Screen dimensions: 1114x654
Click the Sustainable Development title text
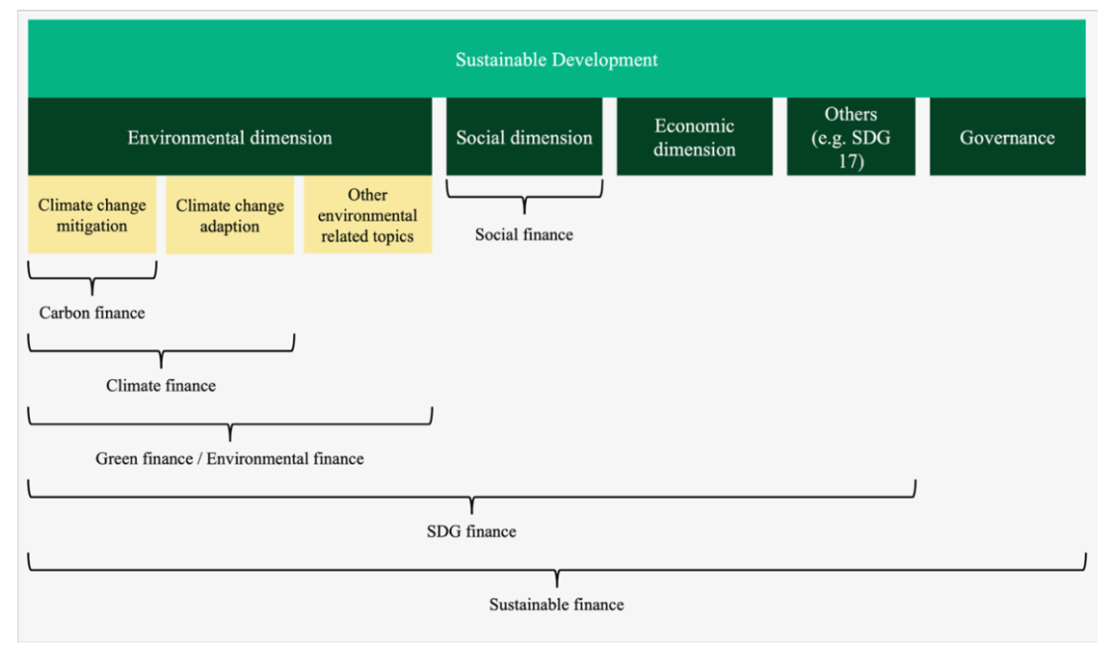pyautogui.click(x=556, y=60)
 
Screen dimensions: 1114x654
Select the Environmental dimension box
pyautogui.click(x=229, y=136)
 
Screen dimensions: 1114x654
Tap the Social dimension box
pyautogui.click(x=524, y=136)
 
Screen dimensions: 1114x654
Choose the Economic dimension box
pyautogui.click(x=694, y=136)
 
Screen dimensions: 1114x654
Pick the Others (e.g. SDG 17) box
pyautogui.click(x=851, y=136)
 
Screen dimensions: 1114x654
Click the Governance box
pyautogui.click(x=1007, y=136)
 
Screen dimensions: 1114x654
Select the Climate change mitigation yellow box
pyautogui.click(x=93, y=215)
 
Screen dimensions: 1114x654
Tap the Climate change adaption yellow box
pyautogui.click(x=229, y=215)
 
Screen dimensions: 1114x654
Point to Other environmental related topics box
pyautogui.click(x=368, y=215)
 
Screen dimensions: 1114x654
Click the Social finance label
pyautogui.click(x=524, y=234)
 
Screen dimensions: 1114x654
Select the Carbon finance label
pyautogui.click(x=93, y=313)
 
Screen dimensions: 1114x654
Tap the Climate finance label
pyautogui.click(x=161, y=385)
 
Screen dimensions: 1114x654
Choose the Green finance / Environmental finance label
pyautogui.click(x=229, y=458)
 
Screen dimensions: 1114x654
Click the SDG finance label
pyautogui.click(x=472, y=531)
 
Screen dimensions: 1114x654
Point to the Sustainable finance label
pyautogui.click(x=556, y=604)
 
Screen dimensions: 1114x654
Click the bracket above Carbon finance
pyautogui.click(x=93, y=279)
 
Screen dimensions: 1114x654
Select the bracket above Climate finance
pyautogui.click(x=161, y=351)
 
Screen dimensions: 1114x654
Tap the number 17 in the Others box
pyautogui.click(x=851, y=161)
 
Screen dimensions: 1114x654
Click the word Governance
pyautogui.click(x=1007, y=137)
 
